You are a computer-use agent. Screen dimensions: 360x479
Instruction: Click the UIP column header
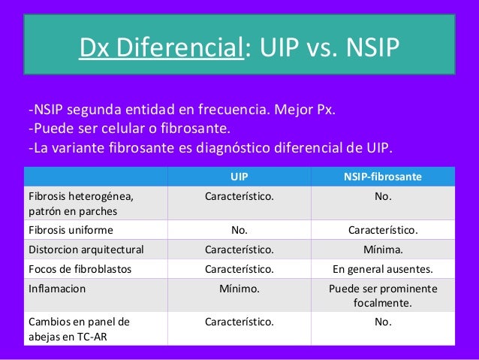[x=239, y=177]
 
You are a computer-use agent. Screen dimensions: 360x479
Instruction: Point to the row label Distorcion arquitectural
[x=86, y=249]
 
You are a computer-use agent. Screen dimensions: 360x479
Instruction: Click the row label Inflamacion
[x=57, y=288]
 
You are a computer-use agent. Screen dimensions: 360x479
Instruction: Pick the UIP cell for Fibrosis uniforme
[x=239, y=229]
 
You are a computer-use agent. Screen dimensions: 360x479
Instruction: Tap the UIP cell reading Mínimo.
[x=239, y=288]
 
